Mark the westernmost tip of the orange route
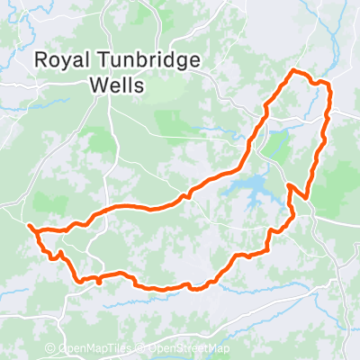[30, 226]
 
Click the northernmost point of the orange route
[294, 70]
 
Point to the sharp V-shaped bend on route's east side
[289, 185]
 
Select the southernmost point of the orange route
[162, 290]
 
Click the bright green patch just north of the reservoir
[278, 144]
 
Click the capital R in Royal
[40, 60]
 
